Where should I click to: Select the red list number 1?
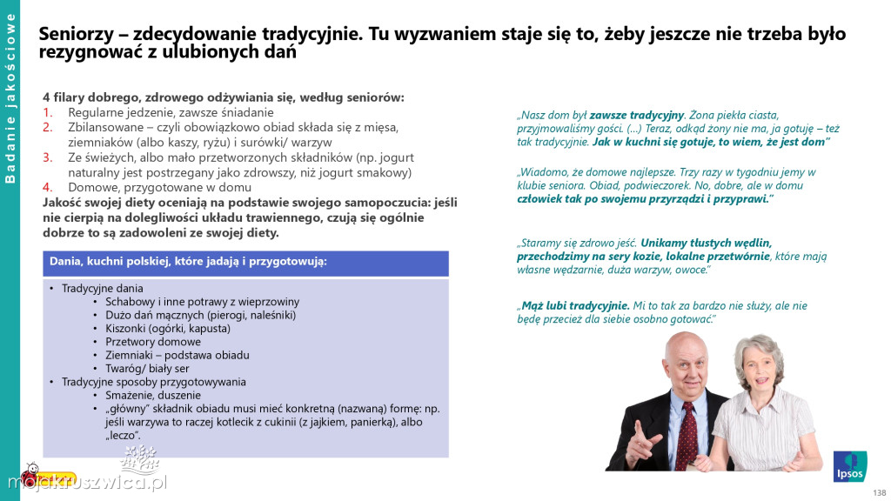49,112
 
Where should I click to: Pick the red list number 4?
49,186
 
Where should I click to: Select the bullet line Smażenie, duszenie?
153,395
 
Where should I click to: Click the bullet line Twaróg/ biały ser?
147,368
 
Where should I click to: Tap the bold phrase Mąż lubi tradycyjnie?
573,306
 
